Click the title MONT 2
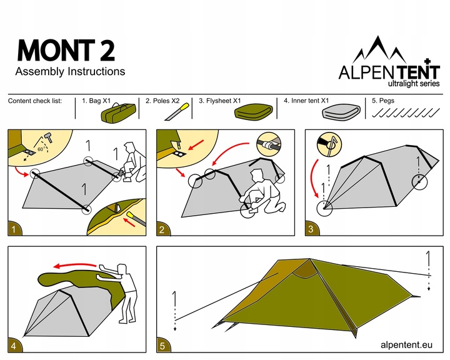coord(66,50)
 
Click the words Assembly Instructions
coord(69,71)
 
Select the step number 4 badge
coord(14,344)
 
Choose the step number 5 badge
coord(163,344)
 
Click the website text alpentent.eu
coord(406,344)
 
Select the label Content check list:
coord(35,101)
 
